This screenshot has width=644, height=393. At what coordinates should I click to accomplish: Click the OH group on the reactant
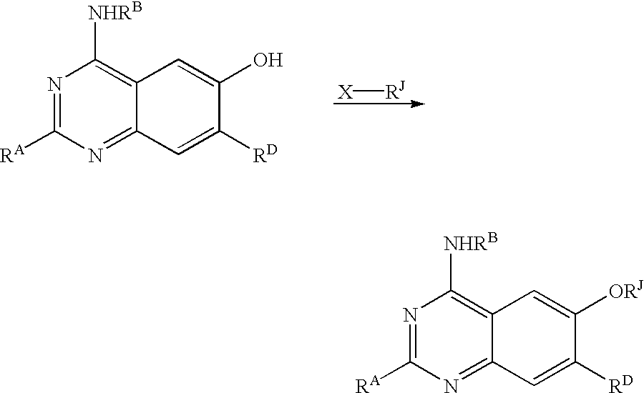tap(268, 60)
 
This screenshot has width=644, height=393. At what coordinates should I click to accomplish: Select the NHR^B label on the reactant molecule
tap(116, 11)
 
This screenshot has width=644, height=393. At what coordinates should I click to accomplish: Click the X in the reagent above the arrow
tap(346, 92)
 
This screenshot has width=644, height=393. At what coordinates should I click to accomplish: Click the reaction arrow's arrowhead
tap(417, 104)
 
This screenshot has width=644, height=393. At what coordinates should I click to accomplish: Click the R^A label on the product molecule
tap(369, 384)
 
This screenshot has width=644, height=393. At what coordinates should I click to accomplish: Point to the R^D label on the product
tap(620, 384)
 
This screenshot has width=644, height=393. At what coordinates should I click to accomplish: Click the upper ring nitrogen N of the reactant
tap(55, 84)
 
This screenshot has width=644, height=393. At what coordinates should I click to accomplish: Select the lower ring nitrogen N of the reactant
tap(95, 156)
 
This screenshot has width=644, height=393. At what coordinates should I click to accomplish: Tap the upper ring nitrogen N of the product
tap(410, 315)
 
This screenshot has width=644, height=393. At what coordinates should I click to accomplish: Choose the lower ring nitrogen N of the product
tap(451, 385)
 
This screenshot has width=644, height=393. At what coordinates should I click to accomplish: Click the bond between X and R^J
tap(369, 93)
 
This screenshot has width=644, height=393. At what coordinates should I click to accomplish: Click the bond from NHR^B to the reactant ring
tap(95, 40)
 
